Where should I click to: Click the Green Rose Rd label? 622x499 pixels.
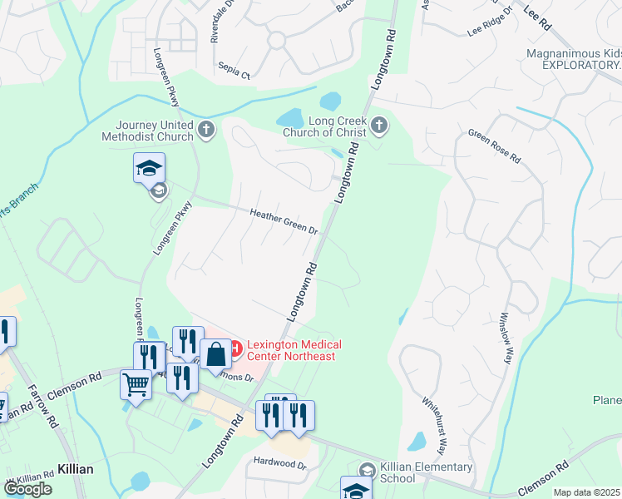coord(494,146)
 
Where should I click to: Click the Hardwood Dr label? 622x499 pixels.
coord(279,462)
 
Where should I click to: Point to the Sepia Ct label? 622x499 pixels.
coord(234,74)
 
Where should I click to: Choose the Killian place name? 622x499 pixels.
coord(75,469)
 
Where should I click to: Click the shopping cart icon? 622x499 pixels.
coord(136,384)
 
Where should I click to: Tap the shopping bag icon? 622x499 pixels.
coord(215,353)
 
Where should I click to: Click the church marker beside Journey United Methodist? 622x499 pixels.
coord(206,129)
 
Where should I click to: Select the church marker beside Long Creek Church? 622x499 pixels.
coord(379,126)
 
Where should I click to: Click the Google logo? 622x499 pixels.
coord(27,489)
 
